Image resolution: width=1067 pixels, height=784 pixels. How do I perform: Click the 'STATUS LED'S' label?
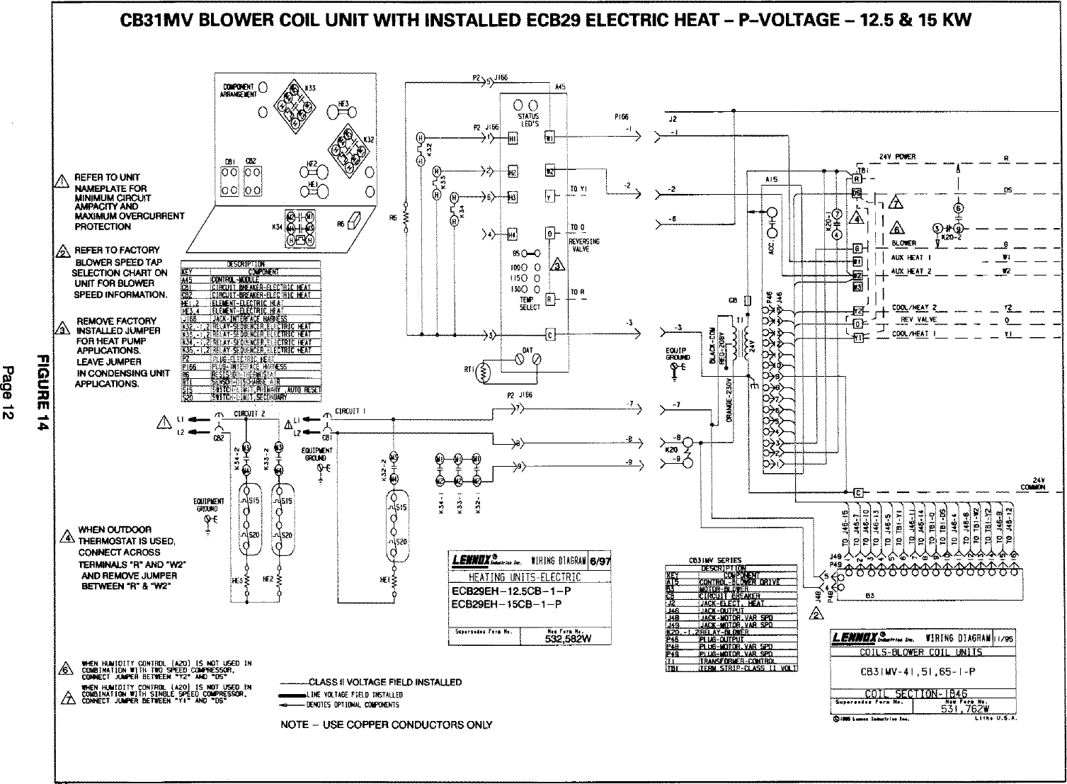click(528, 119)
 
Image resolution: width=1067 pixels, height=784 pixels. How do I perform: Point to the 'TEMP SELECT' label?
click(530, 303)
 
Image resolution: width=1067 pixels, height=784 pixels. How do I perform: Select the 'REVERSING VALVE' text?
click(584, 245)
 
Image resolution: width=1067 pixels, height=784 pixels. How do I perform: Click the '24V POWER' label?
click(897, 157)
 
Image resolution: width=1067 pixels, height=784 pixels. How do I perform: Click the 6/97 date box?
click(600, 560)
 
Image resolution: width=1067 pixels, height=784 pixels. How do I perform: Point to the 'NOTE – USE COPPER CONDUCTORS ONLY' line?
click(386, 725)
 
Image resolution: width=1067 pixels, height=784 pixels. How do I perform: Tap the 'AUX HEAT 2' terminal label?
click(911, 272)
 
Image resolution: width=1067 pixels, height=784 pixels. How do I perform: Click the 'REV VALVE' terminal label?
click(918, 320)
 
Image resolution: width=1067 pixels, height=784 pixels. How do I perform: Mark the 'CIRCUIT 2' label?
click(249, 414)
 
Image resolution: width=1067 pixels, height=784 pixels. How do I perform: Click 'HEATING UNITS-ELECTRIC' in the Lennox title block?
click(525, 577)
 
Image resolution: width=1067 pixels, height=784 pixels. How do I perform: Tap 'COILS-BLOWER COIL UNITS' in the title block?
click(920, 652)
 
